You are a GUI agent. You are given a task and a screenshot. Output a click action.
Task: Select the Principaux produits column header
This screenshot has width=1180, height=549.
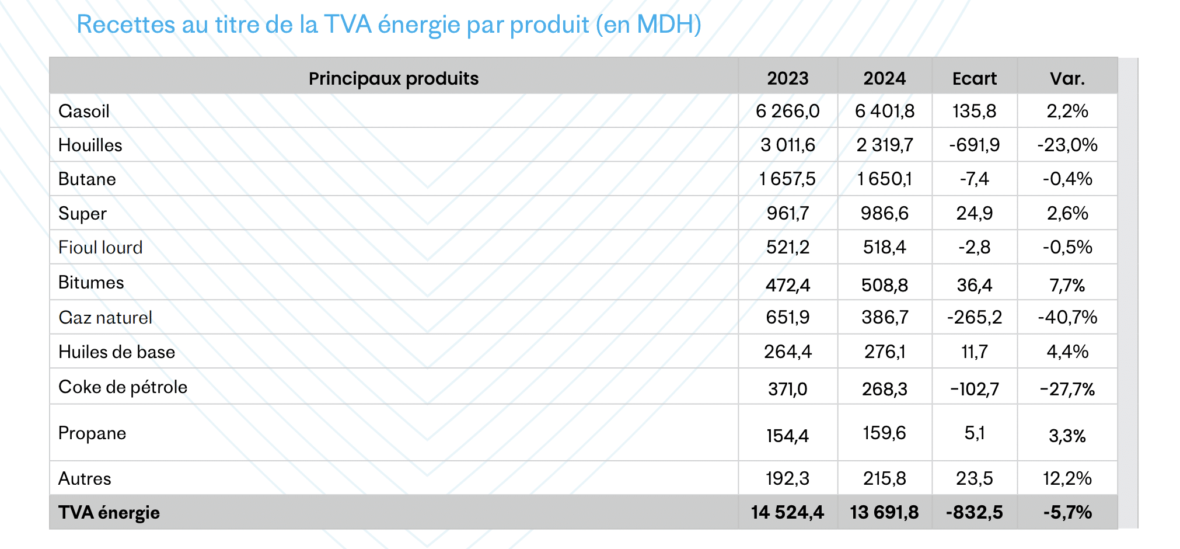click(393, 78)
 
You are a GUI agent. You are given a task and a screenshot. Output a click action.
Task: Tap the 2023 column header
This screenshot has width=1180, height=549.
click(787, 78)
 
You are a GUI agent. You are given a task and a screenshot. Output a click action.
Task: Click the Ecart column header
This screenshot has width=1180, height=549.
click(974, 78)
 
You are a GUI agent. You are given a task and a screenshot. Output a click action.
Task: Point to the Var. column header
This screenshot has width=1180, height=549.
click(1067, 78)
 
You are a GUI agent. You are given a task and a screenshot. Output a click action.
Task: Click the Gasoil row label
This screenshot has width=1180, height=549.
click(84, 111)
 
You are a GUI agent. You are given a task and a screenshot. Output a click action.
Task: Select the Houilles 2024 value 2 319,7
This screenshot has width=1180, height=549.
click(884, 145)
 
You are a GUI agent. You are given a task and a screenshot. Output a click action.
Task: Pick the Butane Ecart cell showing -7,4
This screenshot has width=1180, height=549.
click(974, 179)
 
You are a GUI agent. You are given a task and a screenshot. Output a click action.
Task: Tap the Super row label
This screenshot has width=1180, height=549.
click(82, 213)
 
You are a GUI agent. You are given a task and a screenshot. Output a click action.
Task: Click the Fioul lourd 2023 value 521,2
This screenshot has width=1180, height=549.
click(787, 247)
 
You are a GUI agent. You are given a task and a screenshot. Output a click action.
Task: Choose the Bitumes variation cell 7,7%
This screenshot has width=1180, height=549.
click(1067, 285)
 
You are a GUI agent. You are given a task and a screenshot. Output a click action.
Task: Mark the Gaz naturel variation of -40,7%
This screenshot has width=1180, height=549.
click(1067, 317)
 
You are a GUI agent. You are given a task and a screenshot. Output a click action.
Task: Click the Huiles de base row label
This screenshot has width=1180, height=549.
click(117, 352)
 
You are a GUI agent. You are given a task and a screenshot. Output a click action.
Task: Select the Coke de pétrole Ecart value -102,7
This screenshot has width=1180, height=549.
click(974, 389)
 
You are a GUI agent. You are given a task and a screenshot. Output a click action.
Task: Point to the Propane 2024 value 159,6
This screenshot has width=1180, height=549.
click(884, 433)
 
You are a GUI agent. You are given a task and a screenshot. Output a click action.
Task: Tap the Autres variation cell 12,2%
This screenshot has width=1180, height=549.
click(1067, 478)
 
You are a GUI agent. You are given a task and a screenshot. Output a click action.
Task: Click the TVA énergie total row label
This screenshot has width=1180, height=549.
click(109, 512)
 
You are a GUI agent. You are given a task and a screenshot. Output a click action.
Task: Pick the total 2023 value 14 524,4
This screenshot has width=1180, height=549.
click(787, 512)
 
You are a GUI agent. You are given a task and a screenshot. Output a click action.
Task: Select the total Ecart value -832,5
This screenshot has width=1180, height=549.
click(974, 512)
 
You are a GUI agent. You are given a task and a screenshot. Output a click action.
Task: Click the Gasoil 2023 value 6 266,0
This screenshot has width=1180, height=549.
click(787, 111)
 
